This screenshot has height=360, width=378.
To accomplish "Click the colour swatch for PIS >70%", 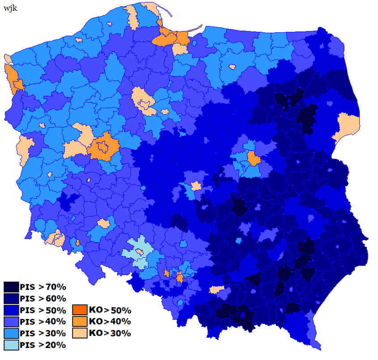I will (x=11, y=287).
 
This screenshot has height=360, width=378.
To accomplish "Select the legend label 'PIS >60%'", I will (x=43, y=298).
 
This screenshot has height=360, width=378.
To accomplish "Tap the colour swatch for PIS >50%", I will (x=11, y=310).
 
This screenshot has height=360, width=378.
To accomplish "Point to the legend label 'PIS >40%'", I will (x=43, y=322).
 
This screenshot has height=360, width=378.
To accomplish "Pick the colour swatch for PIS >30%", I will (x=11, y=333).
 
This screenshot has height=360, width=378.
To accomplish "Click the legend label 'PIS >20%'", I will (x=43, y=345).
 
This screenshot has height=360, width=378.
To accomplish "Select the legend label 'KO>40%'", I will (x=110, y=322).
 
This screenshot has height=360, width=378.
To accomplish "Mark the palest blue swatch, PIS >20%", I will (x=11, y=345).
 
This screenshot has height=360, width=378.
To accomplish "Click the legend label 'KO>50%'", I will (x=110, y=310).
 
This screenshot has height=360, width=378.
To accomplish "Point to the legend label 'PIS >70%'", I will (x=43, y=287).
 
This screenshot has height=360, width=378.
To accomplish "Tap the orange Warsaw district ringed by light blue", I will (x=254, y=158).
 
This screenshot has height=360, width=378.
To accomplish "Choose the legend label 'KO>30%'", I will (x=110, y=333).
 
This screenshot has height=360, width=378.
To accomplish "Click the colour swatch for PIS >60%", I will (x=11, y=298).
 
